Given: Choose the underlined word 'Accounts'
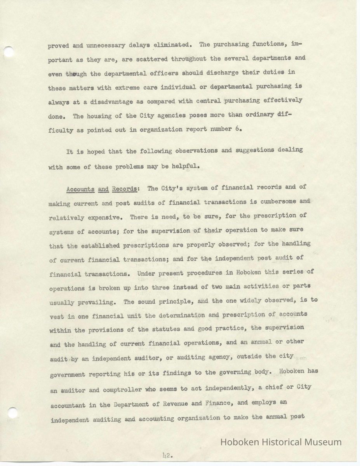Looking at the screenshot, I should tap(80, 190).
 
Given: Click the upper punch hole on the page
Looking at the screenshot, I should tap(9, 51).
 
